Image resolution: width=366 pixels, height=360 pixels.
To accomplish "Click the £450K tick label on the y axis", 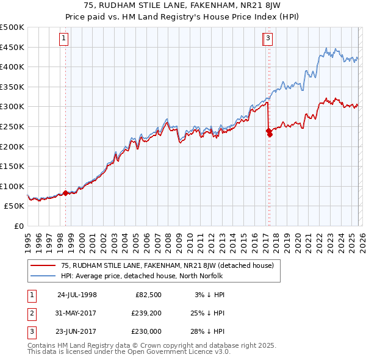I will click(12, 47).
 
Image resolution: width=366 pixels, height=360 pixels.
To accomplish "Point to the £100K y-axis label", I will click(12, 186).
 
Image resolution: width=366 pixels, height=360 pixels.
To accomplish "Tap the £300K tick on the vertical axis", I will click(12, 107).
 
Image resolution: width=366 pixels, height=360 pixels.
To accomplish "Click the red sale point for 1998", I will click(66, 193).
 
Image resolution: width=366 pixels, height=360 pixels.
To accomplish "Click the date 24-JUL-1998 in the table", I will click(77, 295).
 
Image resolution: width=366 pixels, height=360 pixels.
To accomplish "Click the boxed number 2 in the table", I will click(30, 313).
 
